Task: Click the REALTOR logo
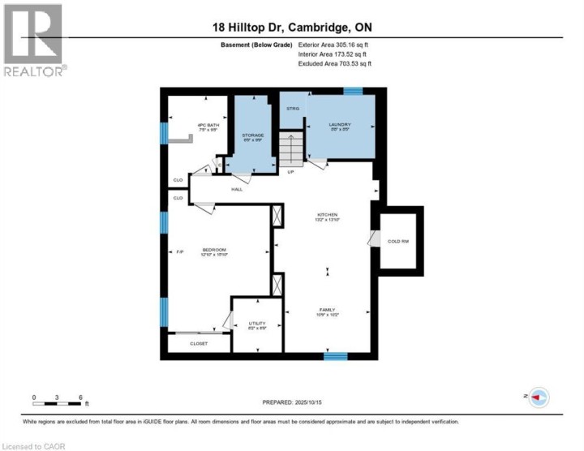[x=33, y=40]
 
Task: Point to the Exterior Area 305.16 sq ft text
[x=337, y=45]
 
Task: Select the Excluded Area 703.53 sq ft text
[x=337, y=62]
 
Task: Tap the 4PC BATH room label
[x=208, y=127]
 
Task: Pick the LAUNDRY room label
[x=339, y=126]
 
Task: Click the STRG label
[x=292, y=108]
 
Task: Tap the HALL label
[x=238, y=189]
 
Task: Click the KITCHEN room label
[x=327, y=215]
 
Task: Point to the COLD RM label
[x=397, y=241]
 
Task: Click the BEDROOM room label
[x=214, y=250]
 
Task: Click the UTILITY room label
[x=257, y=324]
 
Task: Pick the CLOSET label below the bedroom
[x=199, y=343]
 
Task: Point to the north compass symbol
[x=539, y=397]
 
